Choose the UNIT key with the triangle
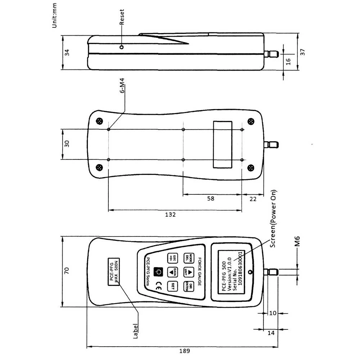[188, 272]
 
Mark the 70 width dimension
[67, 271]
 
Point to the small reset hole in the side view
[122, 47]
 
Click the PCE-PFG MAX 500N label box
[114, 271]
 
